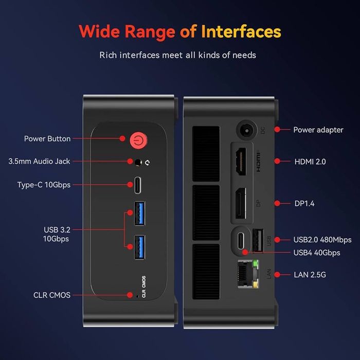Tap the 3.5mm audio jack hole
tap(139, 162)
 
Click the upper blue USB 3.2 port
tap(139, 213)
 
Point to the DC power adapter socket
tap(246, 130)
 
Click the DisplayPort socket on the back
tap(241, 204)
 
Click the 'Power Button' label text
tap(47, 139)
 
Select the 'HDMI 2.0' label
tap(310, 161)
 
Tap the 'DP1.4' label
tap(304, 204)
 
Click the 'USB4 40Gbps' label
tap(316, 253)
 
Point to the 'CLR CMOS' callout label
tap(52, 295)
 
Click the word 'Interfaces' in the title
tap(241, 31)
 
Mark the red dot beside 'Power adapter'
tap(278, 130)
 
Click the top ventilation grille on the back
tap(205, 152)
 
